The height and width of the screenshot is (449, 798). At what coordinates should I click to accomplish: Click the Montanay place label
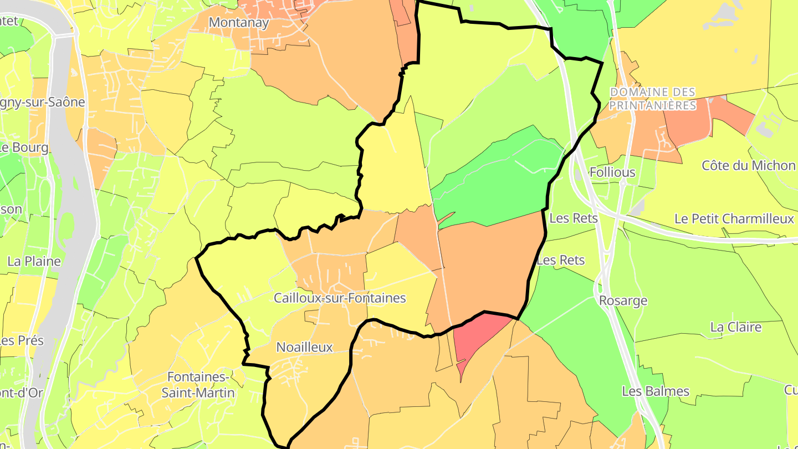coord(239,23)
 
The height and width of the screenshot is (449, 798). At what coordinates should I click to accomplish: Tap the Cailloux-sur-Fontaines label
coord(340,298)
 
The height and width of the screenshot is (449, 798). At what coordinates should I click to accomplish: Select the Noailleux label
coord(304,348)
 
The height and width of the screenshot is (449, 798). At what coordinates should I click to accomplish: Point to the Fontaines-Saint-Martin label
coord(198,385)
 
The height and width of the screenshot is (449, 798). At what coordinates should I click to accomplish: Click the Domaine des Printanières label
coord(652,99)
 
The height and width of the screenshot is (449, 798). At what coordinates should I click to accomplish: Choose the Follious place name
coord(612,172)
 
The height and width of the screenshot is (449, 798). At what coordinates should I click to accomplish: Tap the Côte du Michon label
coord(748,166)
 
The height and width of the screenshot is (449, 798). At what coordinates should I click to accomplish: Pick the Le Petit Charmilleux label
coord(734,219)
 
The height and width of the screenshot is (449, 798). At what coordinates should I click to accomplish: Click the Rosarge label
coord(623,301)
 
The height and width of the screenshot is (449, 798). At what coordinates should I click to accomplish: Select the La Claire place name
coord(736,327)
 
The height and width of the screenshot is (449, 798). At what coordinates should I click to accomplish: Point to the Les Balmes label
coord(656,391)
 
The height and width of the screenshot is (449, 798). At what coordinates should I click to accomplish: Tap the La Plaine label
coord(34,261)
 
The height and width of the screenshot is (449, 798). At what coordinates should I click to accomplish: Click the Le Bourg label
coord(24,148)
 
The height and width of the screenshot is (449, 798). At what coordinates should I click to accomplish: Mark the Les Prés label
coord(22,340)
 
